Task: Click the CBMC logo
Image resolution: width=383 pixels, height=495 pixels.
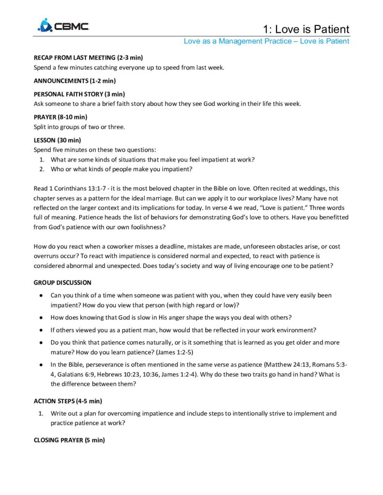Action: coord(63,26)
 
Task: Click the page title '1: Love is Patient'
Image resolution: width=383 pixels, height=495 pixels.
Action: coord(306,29)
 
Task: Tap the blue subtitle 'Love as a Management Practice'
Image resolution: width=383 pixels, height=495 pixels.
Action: coord(238,41)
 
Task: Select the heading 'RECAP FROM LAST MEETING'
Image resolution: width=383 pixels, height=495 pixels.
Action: coord(88,58)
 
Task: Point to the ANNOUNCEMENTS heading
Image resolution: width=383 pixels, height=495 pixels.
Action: coord(74,81)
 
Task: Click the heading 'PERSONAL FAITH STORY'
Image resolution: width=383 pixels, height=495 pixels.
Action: coord(79,94)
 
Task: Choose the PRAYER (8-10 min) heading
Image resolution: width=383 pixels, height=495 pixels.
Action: coord(60,117)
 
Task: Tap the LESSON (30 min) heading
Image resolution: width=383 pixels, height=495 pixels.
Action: coord(57,140)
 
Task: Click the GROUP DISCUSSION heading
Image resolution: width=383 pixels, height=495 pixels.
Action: coord(62,282)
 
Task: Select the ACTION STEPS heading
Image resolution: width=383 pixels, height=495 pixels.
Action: coord(67,401)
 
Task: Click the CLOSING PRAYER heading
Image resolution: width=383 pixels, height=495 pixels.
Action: coord(69,440)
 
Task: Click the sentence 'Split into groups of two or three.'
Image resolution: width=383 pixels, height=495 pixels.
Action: coord(79,127)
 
